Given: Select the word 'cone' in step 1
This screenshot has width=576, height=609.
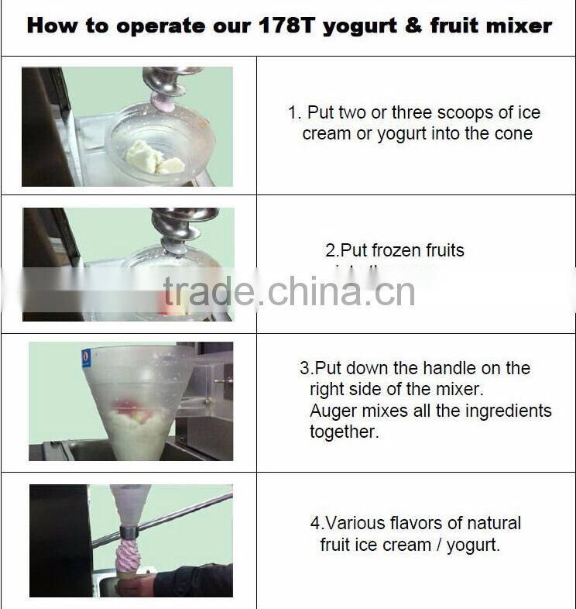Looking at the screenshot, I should tap(513, 133).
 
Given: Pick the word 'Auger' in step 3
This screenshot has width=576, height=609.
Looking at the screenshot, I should tap(332, 411).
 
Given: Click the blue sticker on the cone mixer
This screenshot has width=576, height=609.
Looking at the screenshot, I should tap(86, 358).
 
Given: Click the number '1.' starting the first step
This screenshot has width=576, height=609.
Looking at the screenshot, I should tap(294, 112).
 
